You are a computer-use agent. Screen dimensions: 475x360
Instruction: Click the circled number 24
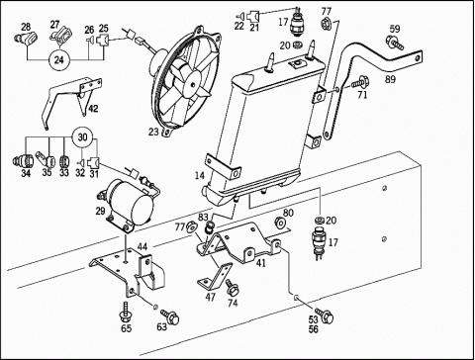coord(58,59)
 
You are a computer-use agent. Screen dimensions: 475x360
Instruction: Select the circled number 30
coord(82,136)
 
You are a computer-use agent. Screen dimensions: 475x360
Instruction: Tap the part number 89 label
coord(390,79)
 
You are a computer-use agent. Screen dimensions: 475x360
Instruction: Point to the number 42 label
coord(93,109)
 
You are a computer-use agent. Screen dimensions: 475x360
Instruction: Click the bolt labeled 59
coord(395,44)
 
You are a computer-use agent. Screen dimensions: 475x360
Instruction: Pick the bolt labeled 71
coord(360,81)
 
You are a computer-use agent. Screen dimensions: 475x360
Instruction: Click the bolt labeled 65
coord(125,312)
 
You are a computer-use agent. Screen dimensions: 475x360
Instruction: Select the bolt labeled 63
coord(170,316)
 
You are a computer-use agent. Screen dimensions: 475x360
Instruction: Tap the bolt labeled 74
coord(232,288)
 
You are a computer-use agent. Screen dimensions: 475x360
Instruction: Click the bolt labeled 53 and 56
coord(325,315)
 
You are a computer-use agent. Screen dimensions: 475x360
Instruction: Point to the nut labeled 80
coord(280,223)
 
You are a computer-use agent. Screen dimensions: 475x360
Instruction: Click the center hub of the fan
coord(193,83)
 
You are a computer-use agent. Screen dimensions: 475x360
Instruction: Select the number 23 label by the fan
coord(154,132)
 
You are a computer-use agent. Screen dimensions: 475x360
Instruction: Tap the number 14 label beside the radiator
coord(199,175)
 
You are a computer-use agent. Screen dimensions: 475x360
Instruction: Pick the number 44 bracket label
coord(142,246)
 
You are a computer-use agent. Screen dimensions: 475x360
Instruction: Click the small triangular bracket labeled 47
coord(215,277)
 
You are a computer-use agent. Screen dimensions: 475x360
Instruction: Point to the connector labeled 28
coord(26,38)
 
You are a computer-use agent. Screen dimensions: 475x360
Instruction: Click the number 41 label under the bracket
coord(260,263)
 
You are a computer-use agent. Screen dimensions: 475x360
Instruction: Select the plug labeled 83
coord(210,227)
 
